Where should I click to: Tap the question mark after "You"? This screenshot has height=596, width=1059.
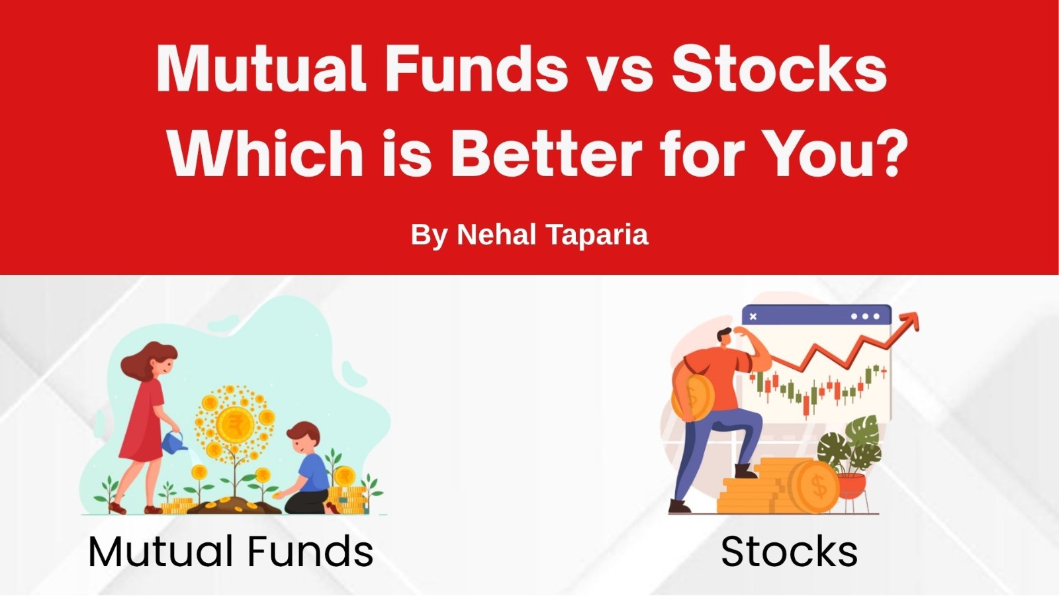[891, 153]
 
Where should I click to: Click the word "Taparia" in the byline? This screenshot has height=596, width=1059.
[597, 235]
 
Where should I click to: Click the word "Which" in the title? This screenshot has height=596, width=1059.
[265, 154]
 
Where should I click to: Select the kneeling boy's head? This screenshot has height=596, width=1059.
[303, 438]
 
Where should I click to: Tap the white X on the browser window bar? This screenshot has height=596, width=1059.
[753, 317]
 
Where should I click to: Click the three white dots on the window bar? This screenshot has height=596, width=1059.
[865, 317]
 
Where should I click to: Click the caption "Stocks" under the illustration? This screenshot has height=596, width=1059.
[789, 552]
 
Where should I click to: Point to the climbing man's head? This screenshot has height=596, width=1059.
[725, 338]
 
